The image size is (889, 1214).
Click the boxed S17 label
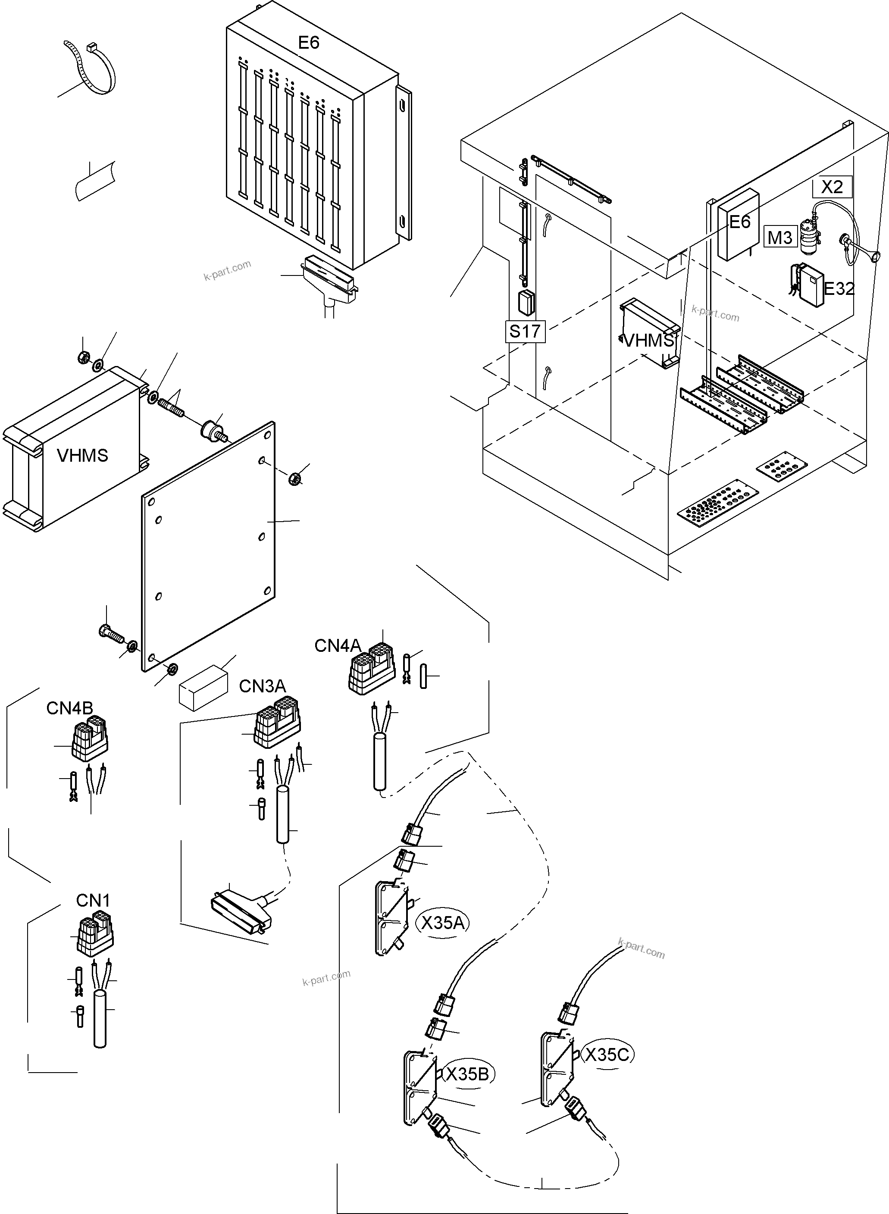click(525, 332)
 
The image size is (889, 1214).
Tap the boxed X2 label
click(832, 187)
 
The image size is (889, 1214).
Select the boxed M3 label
click(780, 237)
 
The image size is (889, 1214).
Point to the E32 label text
click(839, 289)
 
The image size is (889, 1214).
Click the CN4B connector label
click(69, 708)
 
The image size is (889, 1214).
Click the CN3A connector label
click(262, 686)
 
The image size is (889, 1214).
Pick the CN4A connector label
click(338, 646)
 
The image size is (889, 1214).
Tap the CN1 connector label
click(93, 900)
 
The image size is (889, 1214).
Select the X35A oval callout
click(443, 923)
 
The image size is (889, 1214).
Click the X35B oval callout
click(467, 1074)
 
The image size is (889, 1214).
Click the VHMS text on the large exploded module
click(82, 456)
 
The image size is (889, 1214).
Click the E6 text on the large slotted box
click(308, 43)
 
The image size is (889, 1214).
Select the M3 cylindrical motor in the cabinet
click(807, 237)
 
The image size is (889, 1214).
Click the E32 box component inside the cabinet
click(811, 286)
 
